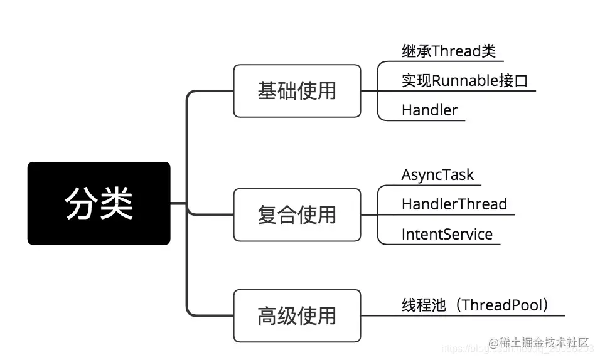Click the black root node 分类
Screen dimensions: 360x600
99,203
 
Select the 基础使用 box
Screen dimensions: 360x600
297,91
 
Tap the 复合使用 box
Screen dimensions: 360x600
297,214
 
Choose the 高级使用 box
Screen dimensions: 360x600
297,315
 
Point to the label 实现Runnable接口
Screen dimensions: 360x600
464,81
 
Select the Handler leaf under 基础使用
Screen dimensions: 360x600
429,110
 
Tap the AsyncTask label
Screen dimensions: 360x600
437,174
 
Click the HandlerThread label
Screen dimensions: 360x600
454,204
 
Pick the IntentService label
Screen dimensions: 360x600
447,235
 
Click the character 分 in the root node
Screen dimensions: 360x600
82,203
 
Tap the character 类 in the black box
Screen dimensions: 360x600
117,203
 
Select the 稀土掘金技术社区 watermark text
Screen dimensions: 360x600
544,342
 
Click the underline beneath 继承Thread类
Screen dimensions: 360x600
452,61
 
